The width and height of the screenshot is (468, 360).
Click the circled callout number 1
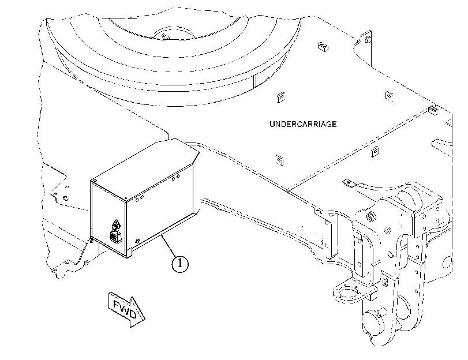[x=180, y=264]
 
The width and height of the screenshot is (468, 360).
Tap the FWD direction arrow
[x=126, y=309]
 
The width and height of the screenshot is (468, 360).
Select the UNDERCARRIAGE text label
[x=303, y=124]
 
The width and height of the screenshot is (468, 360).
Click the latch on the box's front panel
[x=115, y=231]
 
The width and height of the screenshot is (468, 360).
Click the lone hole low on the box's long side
[x=137, y=241]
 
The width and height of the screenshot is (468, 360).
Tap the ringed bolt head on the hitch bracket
[x=371, y=217]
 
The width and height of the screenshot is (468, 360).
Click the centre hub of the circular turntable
[x=174, y=33]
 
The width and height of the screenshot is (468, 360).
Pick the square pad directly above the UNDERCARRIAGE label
[x=280, y=97]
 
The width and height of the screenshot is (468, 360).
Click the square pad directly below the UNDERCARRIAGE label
[x=279, y=160]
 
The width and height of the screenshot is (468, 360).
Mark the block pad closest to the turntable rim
[x=323, y=46]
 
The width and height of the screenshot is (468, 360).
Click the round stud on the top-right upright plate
[x=368, y=39]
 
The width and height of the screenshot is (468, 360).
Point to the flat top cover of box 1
[x=145, y=168]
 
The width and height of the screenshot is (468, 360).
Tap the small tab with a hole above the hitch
[x=349, y=183]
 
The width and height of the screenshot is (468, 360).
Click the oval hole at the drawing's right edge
[x=447, y=262]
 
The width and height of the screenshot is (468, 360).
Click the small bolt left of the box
[x=66, y=198]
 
